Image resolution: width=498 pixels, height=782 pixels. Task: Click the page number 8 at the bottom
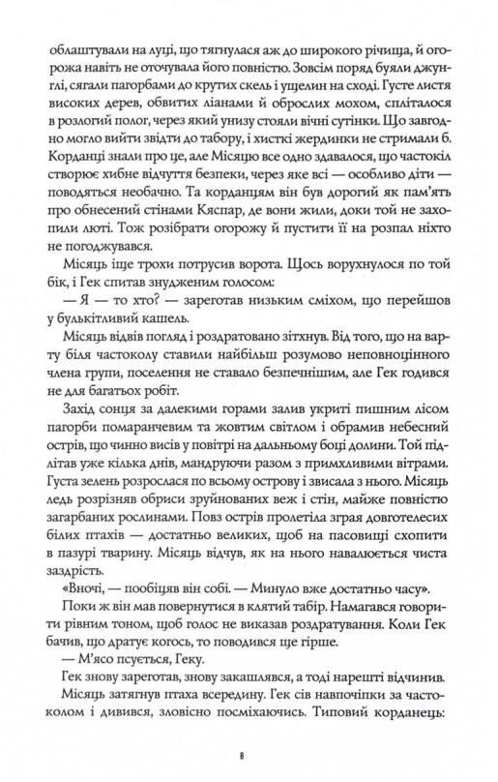[249, 750]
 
